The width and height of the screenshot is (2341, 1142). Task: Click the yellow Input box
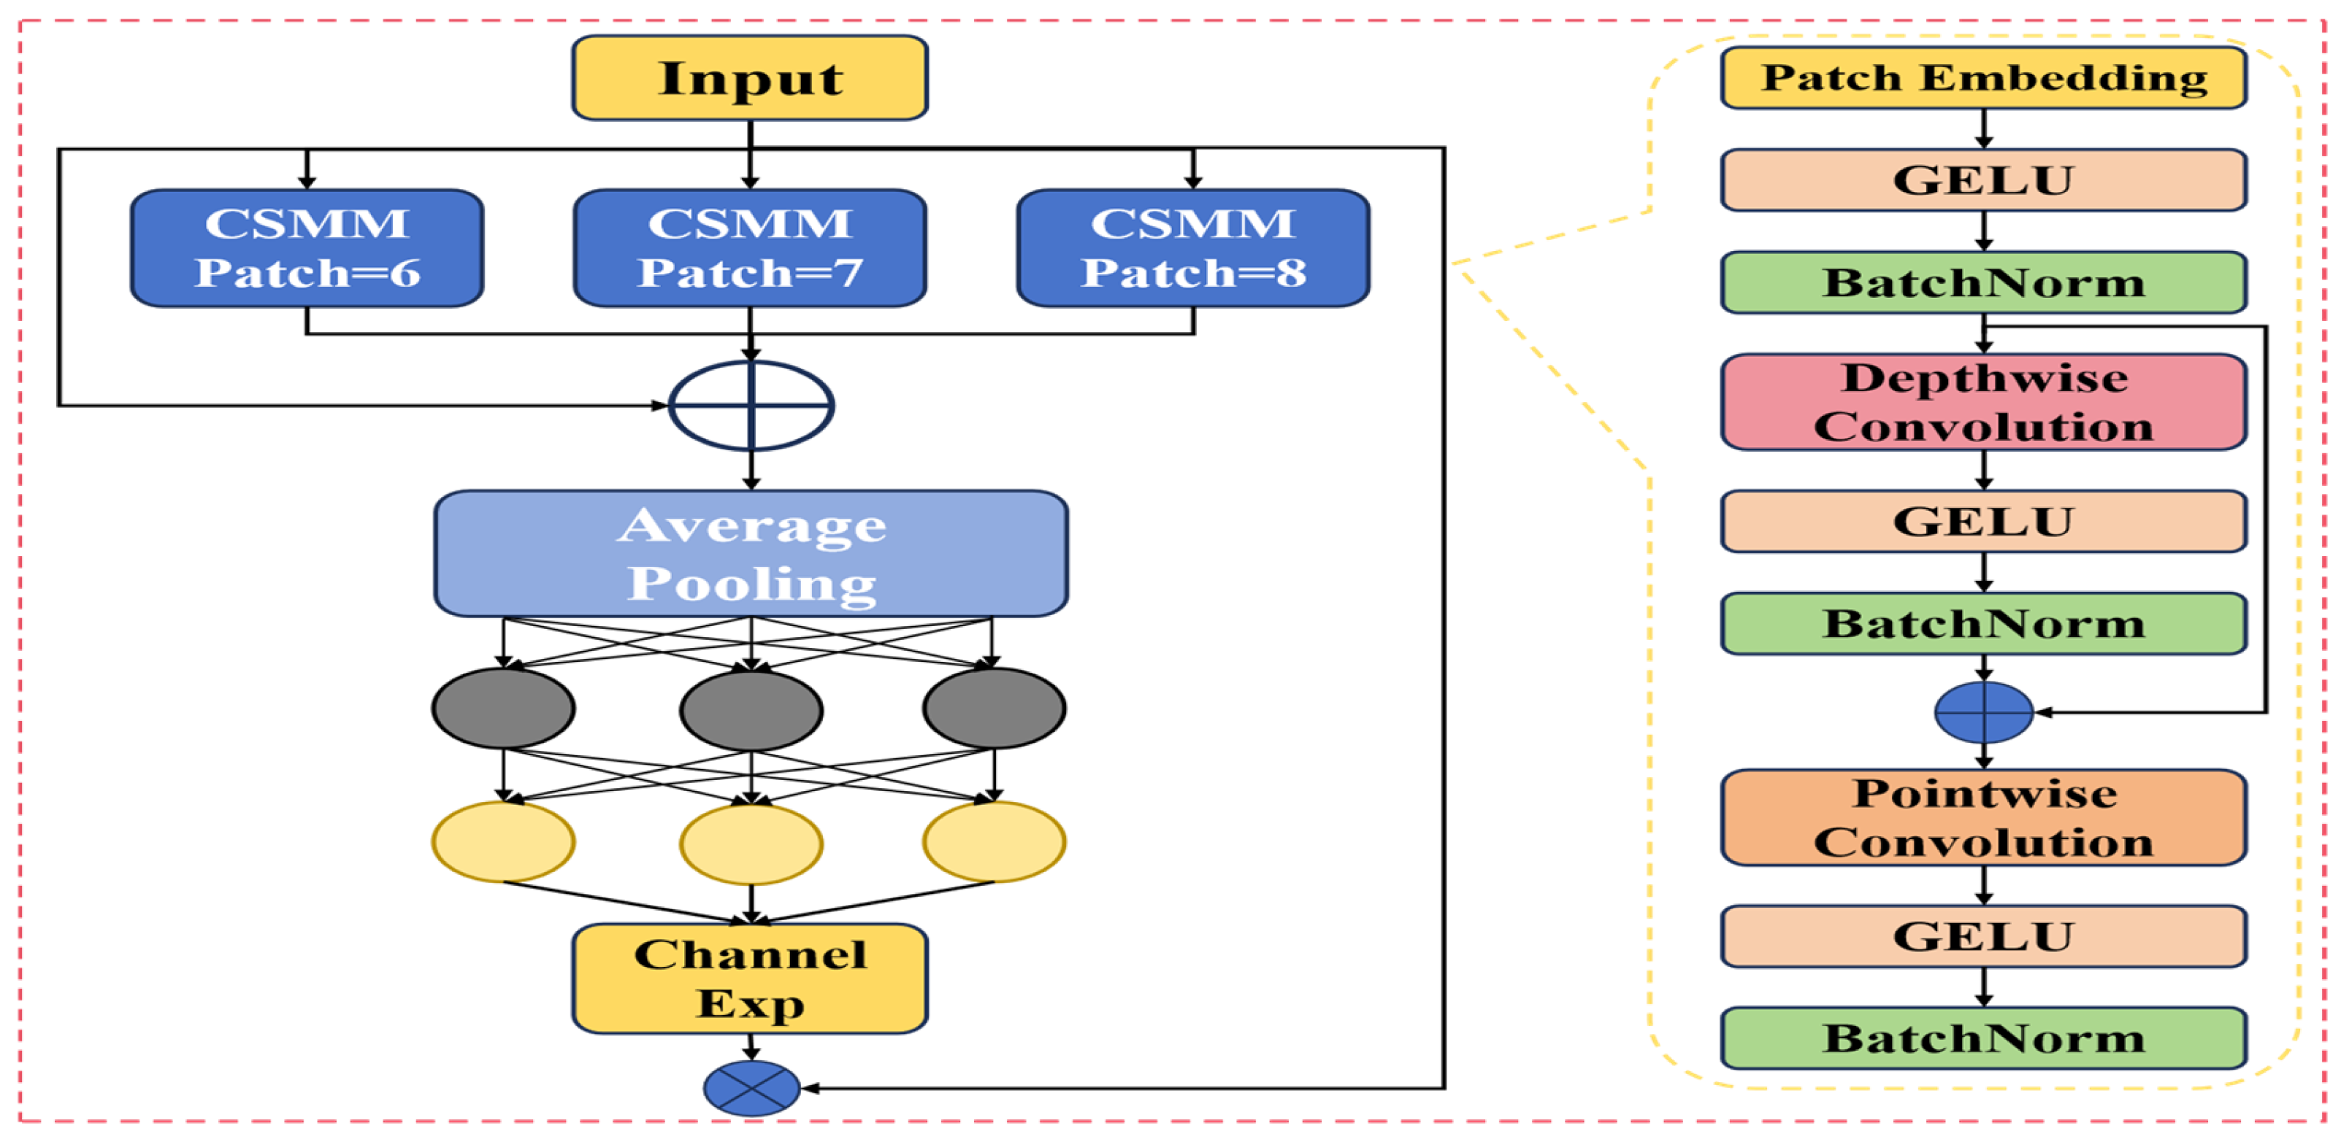click(750, 78)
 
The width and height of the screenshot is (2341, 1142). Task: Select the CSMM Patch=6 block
click(307, 248)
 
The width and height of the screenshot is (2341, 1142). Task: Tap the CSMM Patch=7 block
click(750, 248)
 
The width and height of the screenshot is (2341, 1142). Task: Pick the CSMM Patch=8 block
click(1193, 248)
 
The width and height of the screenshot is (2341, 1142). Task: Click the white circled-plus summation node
click(751, 405)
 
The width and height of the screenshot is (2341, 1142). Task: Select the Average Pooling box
click(751, 553)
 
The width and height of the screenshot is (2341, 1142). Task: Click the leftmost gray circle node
click(503, 709)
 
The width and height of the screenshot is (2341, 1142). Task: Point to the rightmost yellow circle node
click(995, 842)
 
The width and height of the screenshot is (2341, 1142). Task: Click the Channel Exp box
click(750, 979)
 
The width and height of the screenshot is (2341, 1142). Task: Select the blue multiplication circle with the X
click(751, 1087)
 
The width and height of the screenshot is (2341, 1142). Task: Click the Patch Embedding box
click(1984, 78)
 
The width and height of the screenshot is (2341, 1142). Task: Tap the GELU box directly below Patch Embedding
click(1984, 180)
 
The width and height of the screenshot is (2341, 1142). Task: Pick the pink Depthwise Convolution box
click(1984, 401)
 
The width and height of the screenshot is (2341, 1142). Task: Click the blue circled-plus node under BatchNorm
click(1984, 712)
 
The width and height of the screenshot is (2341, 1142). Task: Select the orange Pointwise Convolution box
click(1984, 818)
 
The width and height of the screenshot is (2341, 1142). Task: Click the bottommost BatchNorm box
click(1984, 1038)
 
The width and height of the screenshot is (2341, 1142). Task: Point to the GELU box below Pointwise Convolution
click(1984, 935)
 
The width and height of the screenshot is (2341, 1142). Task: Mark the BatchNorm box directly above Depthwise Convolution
click(1984, 282)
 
